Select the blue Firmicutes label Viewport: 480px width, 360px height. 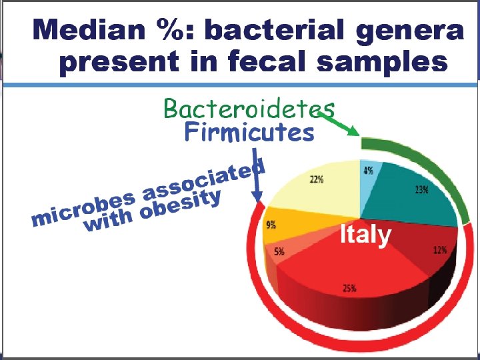249,133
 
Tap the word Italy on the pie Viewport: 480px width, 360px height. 365,235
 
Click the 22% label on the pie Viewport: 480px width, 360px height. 316,179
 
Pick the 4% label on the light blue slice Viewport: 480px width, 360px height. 368,171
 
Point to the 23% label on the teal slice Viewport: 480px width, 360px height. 421,190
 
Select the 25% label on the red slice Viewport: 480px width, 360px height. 349,288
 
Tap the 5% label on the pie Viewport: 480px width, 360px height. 279,251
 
